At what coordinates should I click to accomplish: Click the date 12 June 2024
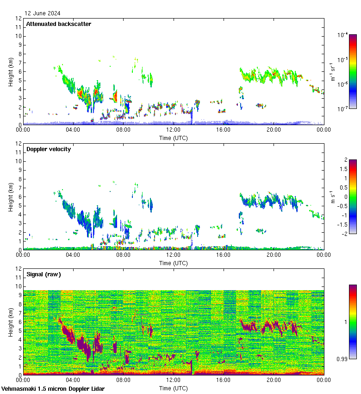click(42, 13)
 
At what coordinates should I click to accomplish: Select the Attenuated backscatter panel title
click(58, 24)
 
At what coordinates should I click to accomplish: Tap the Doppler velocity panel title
click(48, 149)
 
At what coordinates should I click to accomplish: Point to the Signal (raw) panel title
click(44, 274)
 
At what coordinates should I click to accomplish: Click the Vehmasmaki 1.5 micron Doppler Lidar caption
click(53, 388)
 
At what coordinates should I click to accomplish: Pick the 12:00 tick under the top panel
click(174, 130)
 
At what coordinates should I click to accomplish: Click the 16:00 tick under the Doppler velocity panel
click(224, 255)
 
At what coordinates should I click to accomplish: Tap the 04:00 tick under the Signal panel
click(73, 380)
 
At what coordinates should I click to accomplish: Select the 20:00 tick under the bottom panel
click(274, 380)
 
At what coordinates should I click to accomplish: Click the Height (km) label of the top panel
click(10, 71)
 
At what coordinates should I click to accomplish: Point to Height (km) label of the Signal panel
click(10, 322)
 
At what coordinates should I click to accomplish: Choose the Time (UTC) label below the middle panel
click(174, 263)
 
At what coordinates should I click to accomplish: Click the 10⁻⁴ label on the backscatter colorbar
click(342, 35)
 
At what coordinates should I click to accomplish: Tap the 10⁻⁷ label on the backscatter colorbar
click(342, 109)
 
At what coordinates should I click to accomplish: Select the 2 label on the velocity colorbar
click(345, 160)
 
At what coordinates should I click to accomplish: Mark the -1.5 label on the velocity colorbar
click(342, 224)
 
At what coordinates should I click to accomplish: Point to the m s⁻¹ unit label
click(332, 197)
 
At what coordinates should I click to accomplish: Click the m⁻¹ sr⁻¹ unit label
click(332, 72)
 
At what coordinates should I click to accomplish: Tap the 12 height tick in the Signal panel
click(18, 268)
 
